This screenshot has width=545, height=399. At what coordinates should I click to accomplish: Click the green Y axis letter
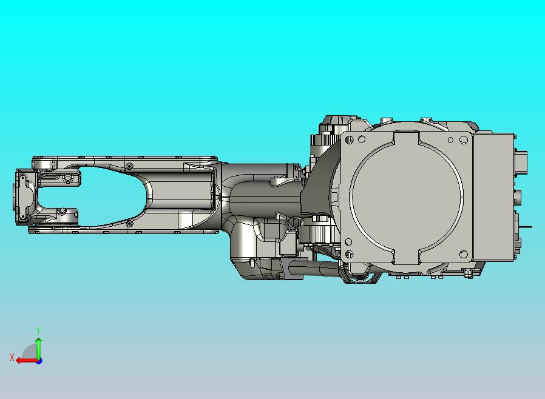point(38,330)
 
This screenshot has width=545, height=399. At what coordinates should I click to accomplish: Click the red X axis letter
point(12,357)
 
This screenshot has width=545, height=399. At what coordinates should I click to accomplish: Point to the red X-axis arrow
point(27,361)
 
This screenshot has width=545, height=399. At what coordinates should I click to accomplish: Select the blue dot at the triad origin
point(39,361)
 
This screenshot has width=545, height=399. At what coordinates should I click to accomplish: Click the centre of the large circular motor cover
point(407,197)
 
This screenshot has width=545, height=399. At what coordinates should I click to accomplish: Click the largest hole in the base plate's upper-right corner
point(463,140)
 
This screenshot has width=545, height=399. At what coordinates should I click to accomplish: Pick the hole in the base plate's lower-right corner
point(463,254)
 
